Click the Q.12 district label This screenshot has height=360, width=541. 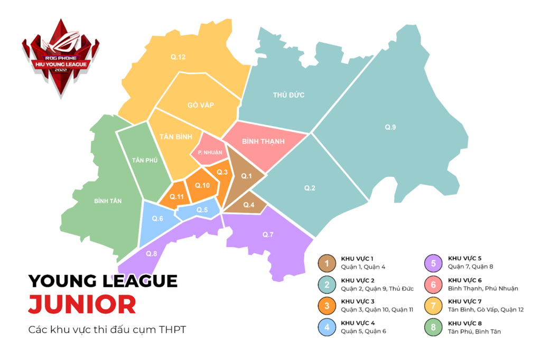[178, 57]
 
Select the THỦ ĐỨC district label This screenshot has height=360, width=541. [288, 95]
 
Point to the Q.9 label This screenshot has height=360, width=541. [390, 127]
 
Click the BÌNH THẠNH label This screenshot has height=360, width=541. [263, 141]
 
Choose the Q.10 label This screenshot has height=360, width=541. [203, 185]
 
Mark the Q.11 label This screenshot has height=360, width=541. [176, 197]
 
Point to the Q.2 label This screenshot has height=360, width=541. [310, 188]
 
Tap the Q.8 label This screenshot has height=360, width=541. [152, 253]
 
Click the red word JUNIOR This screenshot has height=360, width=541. [81, 305]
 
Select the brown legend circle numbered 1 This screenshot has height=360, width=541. [327, 263]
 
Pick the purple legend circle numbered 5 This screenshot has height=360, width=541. [433, 263]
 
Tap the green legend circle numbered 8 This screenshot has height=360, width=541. [433, 327]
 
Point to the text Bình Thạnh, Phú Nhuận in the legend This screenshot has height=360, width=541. [483, 288]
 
